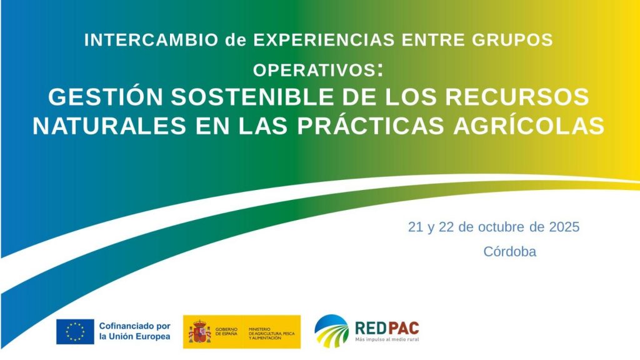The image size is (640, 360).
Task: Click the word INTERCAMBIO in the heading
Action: click(151, 40)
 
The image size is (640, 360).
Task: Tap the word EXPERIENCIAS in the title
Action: click(324, 40)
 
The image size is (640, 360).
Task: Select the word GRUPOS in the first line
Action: click(512, 40)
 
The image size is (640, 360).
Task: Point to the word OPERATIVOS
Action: click(314, 70)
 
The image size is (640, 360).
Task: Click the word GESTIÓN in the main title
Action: click(106, 97)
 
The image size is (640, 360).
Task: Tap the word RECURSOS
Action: click(517, 97)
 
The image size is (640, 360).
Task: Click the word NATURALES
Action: click(110, 126)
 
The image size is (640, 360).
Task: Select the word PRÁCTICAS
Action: click(371, 126)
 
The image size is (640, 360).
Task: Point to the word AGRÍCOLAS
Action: click(529, 126)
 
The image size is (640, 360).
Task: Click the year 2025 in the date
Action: click(564, 227)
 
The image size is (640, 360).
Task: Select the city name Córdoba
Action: click(510, 251)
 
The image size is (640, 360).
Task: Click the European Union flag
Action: click(75, 331)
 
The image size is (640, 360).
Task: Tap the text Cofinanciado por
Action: click(135, 326)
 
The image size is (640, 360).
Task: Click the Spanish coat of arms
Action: click(199, 331)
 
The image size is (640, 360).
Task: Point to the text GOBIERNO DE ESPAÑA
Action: click(226, 331)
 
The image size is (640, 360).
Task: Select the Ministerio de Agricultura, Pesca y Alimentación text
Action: click(271, 334)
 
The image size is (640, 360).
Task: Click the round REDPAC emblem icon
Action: click(332, 331)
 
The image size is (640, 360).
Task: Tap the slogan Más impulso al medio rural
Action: click(387, 339)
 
